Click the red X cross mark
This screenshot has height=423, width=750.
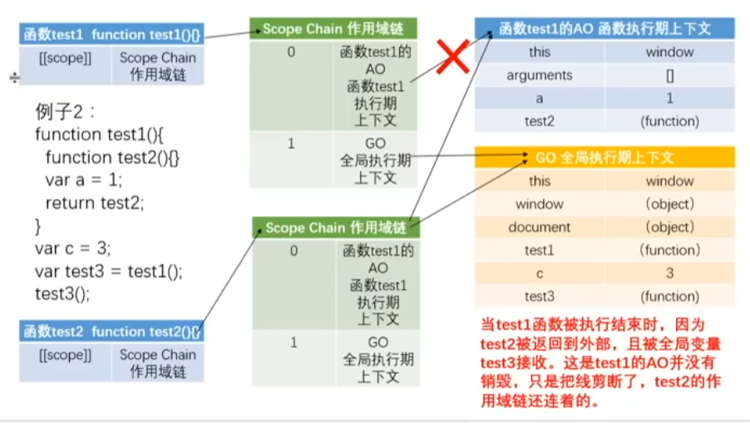click(453, 59)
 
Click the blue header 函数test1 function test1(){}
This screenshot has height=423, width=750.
click(111, 35)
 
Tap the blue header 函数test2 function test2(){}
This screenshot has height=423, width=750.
click(111, 332)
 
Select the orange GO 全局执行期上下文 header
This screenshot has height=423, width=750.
click(604, 157)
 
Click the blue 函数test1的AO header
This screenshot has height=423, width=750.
click(604, 28)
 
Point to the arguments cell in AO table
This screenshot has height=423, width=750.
click(539, 75)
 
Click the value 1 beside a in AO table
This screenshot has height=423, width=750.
click(669, 98)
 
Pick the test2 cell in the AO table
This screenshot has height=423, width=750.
click(539, 121)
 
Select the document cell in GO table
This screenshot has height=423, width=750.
click(539, 227)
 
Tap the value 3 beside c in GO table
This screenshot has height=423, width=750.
click(669, 273)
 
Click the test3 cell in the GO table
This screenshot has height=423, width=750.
click(539, 297)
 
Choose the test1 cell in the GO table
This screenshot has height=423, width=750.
click(539, 250)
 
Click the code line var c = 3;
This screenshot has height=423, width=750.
click(73, 248)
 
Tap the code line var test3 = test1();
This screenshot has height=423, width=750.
click(108, 271)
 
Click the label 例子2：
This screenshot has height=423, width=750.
click(67, 111)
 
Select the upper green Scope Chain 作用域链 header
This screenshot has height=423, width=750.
click(333, 29)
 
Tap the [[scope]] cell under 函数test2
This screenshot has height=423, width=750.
click(65, 355)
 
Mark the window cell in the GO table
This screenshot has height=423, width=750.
click(539, 204)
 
